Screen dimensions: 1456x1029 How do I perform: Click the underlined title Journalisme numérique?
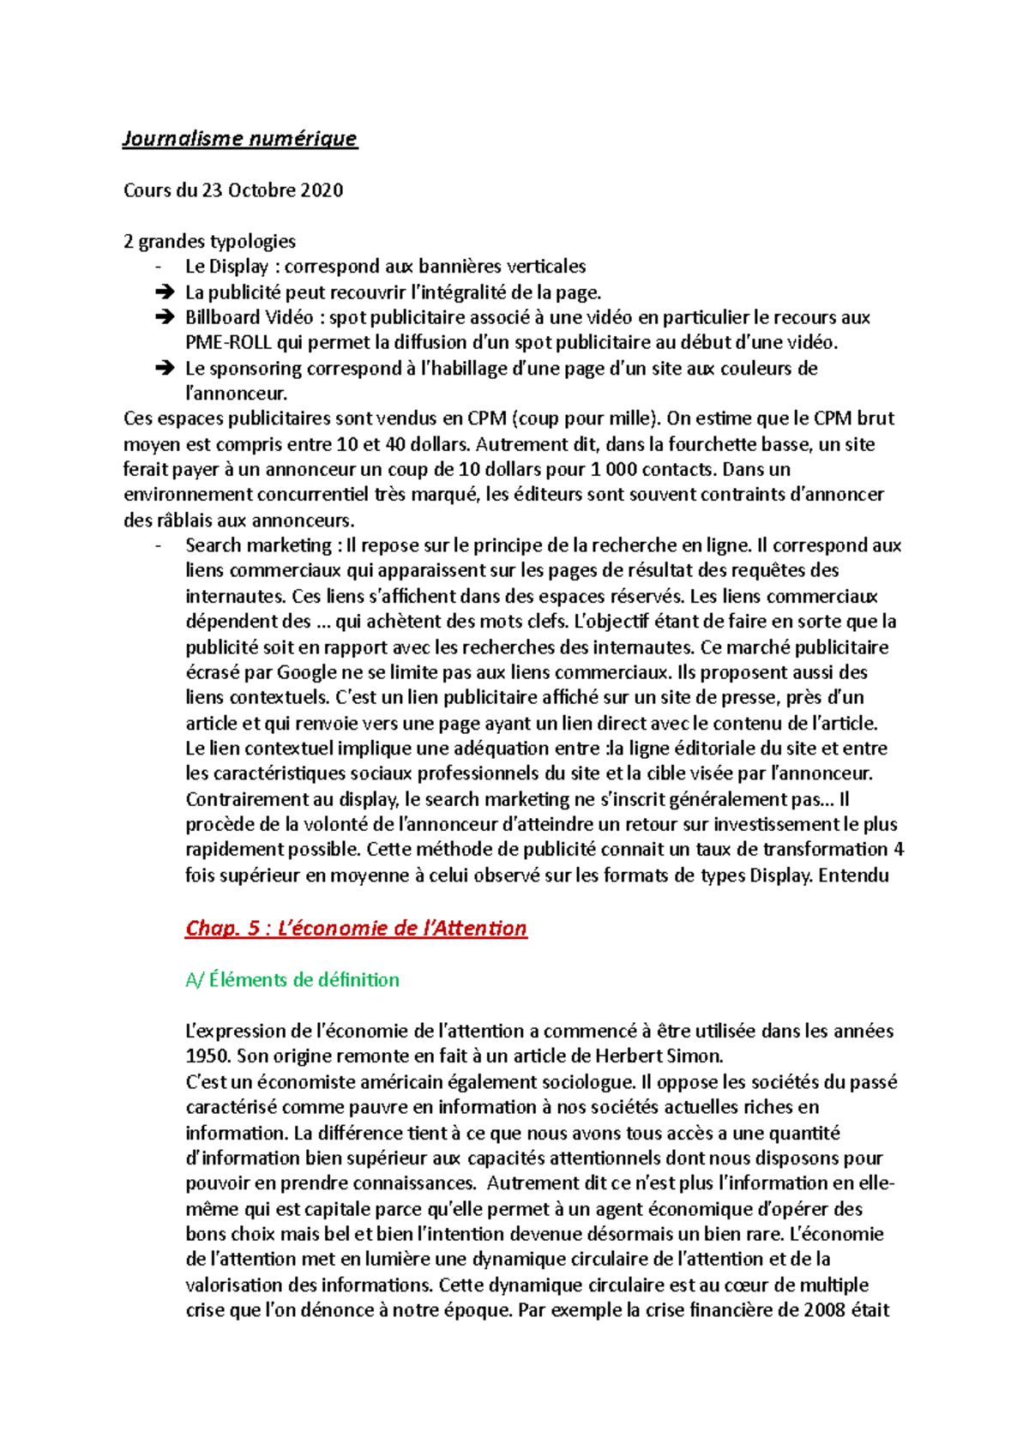[x=239, y=138]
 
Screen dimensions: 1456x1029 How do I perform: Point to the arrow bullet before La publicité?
[x=164, y=292]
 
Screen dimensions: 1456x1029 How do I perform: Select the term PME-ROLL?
[x=228, y=342]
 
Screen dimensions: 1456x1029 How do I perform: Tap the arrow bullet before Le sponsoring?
[x=164, y=369]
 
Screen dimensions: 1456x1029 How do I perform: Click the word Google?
[x=312, y=672]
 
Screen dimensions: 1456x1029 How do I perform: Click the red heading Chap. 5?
[x=356, y=928]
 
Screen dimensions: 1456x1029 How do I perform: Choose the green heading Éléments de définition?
[x=292, y=979]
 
